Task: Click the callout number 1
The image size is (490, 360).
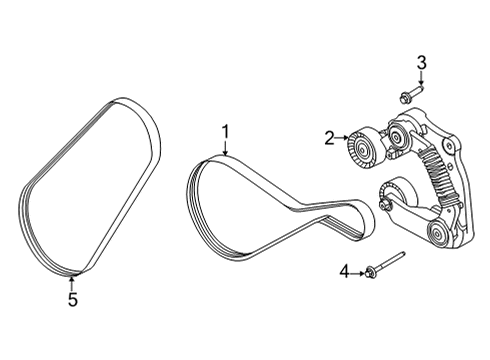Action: point(226,130)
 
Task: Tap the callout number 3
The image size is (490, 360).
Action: point(421,63)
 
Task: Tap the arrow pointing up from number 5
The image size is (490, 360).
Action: point(71,280)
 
